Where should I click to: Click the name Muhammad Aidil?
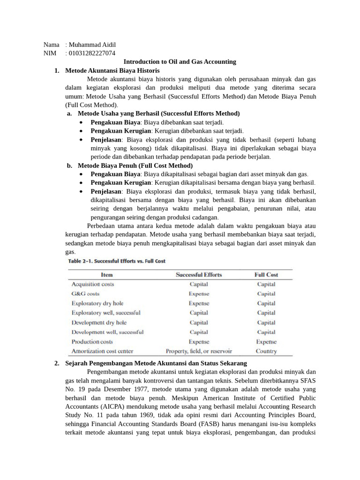[x=92, y=45]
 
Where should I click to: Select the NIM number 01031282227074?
[x=92, y=53]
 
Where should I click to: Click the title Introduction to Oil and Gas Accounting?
[x=180, y=61]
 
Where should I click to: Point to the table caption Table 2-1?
[x=117, y=261]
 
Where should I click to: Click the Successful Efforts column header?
[x=199, y=275]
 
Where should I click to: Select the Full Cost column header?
[x=266, y=275]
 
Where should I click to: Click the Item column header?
[x=107, y=275]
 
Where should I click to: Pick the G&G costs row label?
[x=85, y=294]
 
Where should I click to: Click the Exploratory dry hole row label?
[x=97, y=303]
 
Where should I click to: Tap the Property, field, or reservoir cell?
[x=199, y=351]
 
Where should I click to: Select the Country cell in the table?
[x=266, y=351]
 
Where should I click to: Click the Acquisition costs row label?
[x=92, y=284]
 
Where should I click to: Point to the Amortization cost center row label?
[x=102, y=351]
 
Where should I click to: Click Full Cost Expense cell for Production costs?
[x=266, y=342]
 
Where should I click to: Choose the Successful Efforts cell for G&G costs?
[x=199, y=294]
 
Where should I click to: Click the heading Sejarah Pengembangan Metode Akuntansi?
[x=156, y=363]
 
